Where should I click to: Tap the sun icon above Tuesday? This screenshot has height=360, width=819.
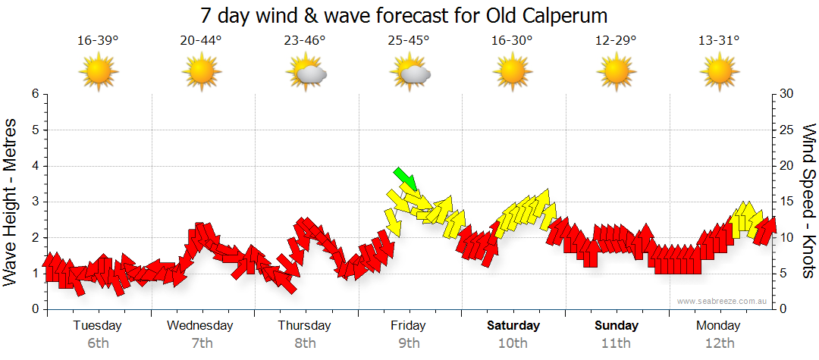pos(98,73)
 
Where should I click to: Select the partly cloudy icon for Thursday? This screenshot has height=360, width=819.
pos(306,73)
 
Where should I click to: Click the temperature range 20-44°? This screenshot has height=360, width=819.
pos(201,41)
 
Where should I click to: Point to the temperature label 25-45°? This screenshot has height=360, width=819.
pos(409,41)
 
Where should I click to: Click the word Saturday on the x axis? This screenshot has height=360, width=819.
pos(513,326)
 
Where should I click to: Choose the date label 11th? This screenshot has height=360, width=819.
pos(616,343)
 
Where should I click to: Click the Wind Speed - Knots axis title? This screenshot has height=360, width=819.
pos(808,202)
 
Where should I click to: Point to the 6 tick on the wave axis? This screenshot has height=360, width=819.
pos(34,94)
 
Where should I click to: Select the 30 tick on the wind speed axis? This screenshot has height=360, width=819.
pos(787,94)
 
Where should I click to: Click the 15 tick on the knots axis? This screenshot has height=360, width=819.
pos(787,202)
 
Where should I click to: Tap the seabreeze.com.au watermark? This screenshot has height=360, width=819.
pos(723,302)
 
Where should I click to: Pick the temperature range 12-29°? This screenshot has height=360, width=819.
pos(616,41)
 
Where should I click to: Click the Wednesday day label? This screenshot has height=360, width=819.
pos(201,326)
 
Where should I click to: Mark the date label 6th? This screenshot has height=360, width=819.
pos(98,343)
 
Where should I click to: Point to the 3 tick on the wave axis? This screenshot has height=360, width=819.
pos(34,202)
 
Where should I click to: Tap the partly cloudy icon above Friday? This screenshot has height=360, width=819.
pos(409,73)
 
